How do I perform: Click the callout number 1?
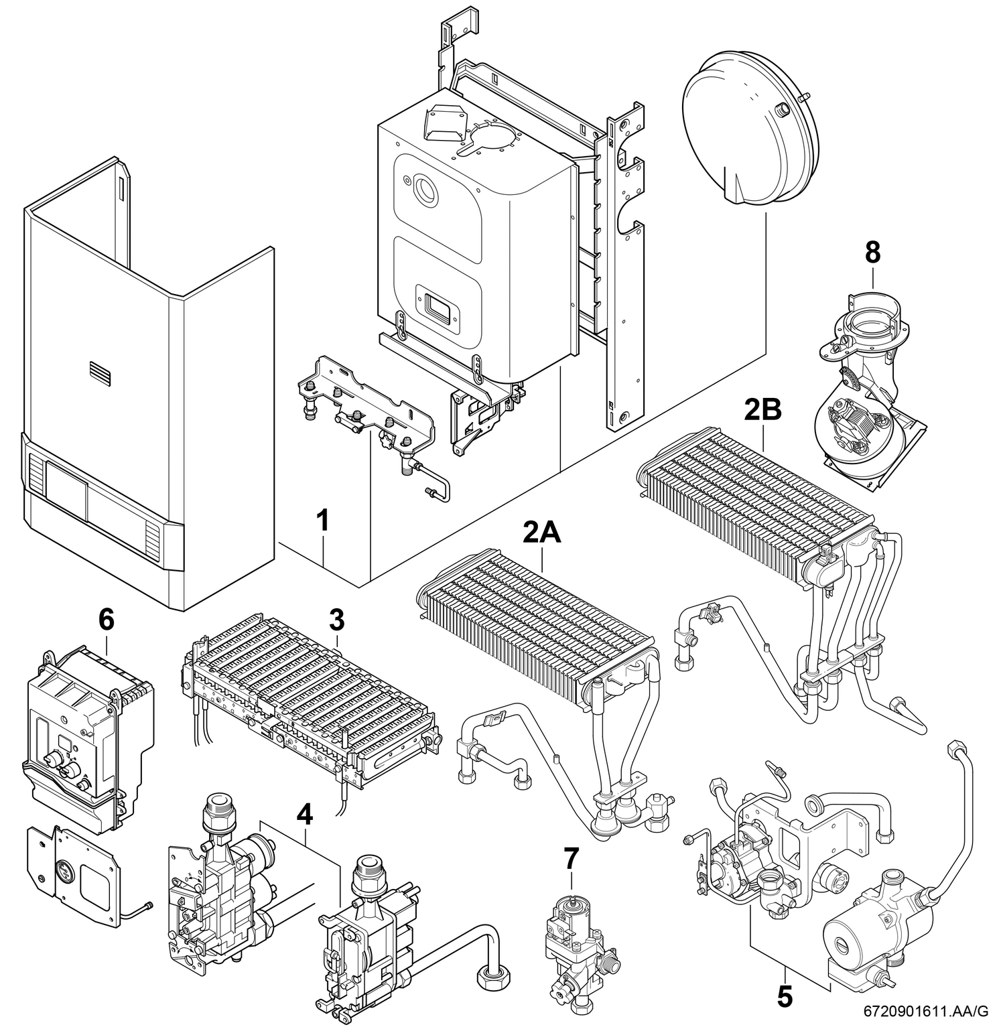click(323, 521)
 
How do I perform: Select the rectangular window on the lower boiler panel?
click(436, 307)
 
